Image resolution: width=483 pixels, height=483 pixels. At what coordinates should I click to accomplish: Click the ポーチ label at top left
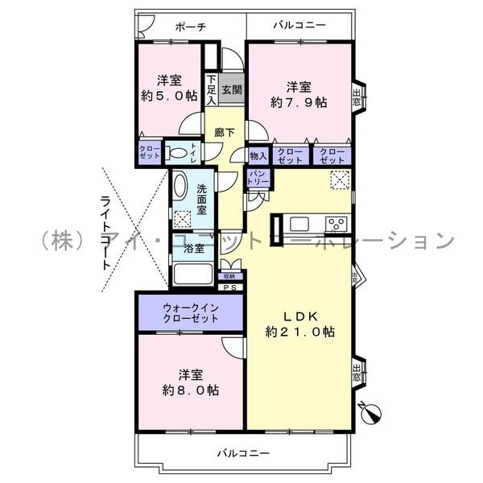click(190, 27)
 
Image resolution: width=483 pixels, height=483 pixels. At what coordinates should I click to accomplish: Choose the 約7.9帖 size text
click(299, 102)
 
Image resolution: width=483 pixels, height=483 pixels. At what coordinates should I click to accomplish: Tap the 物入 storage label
click(258, 155)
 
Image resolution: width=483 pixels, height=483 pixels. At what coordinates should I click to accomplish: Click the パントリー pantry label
click(258, 178)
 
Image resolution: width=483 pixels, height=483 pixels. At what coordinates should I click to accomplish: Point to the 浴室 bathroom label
click(194, 249)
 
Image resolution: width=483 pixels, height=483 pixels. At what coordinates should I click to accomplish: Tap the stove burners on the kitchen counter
click(336, 223)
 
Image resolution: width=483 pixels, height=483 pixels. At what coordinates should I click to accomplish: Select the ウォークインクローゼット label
click(191, 313)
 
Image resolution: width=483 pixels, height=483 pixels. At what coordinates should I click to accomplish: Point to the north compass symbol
click(371, 412)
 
